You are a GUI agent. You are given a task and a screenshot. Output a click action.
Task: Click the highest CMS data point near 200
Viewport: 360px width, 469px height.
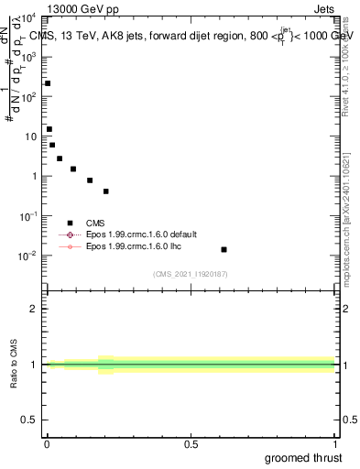(48, 83)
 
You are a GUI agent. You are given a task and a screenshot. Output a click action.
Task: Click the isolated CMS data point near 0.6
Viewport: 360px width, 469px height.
(224, 249)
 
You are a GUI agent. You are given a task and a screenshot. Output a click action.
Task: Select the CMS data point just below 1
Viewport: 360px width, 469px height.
(90, 180)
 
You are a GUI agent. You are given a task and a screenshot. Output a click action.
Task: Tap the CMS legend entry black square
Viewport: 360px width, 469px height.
(70, 223)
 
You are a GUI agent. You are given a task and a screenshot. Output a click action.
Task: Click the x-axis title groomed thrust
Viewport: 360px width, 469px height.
(305, 457)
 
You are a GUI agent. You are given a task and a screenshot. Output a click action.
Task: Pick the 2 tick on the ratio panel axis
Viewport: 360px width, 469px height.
(34, 309)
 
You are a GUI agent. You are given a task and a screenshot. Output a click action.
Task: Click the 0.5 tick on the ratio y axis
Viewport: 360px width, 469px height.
(30, 420)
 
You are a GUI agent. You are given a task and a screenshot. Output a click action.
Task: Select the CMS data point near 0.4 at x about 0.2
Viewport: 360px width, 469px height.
(106, 191)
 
